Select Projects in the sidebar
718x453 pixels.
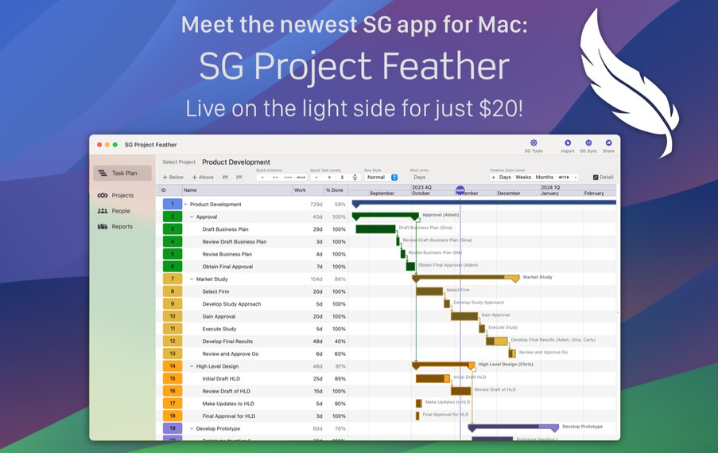pyautogui.click(x=122, y=195)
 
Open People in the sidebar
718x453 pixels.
pyautogui.click(x=120, y=211)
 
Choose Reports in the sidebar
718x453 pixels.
pyautogui.click(x=122, y=227)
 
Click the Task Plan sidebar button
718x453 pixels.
pyautogui.click(x=122, y=173)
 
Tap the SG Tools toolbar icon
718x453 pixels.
pyautogui.click(x=534, y=143)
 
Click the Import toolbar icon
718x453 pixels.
pyautogui.click(x=567, y=143)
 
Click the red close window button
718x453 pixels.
pyautogui.click(x=99, y=145)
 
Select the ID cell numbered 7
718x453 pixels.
pyautogui.click(x=172, y=279)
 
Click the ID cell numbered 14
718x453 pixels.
pyautogui.click(x=172, y=366)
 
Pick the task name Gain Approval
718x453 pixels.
pyautogui.click(x=219, y=316)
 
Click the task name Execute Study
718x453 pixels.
pyautogui.click(x=219, y=329)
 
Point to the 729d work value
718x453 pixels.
pyautogui.click(x=316, y=205)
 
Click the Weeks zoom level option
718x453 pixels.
pyautogui.click(x=523, y=178)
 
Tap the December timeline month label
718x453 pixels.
pyautogui.click(x=509, y=193)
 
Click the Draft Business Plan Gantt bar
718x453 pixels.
pyautogui.click(x=375, y=229)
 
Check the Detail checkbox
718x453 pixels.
pyautogui.click(x=596, y=178)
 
